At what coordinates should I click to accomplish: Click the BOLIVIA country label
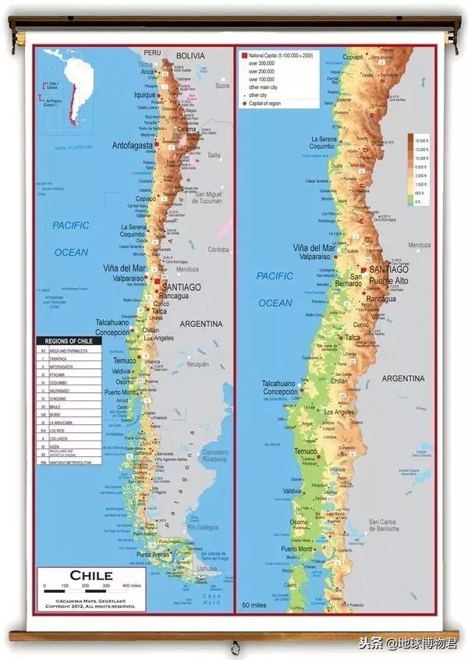pyautogui.click(x=190, y=56)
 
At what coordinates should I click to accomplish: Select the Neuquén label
pyautogui.click(x=197, y=364)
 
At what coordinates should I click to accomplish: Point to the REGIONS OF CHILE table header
pyautogui.click(x=69, y=342)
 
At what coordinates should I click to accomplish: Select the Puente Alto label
pyautogui.click(x=392, y=280)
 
